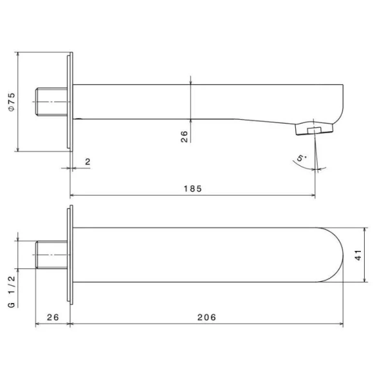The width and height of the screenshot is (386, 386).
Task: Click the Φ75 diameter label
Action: click(12, 102)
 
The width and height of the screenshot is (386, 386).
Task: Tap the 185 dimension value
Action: click(193, 188)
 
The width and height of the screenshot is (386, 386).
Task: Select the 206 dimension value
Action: click(207, 317)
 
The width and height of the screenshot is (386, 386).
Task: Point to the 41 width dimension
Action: click(358, 255)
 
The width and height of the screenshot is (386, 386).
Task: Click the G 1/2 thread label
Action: click(12, 291)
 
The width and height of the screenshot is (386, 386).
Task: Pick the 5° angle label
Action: click(301, 158)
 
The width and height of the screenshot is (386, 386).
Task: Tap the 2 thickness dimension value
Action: click(87, 161)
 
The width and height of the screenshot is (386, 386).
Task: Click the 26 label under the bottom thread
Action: click(53, 317)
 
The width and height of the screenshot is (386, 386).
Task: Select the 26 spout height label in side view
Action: click(184, 136)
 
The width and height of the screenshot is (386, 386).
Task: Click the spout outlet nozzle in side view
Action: click(314, 129)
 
